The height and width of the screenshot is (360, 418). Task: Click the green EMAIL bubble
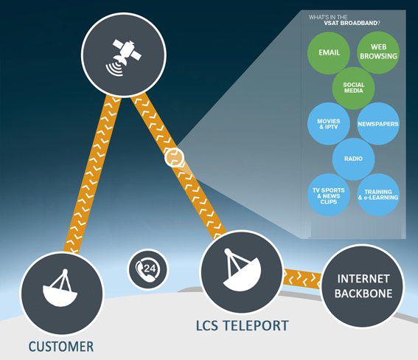pyautogui.click(x=329, y=52)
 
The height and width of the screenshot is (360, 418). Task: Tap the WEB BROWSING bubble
pyautogui.click(x=378, y=52)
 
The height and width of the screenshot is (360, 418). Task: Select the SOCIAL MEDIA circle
pyautogui.click(x=353, y=88)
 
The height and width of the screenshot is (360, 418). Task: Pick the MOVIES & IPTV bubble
pyautogui.click(x=329, y=124)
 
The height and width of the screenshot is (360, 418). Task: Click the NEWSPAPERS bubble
pyautogui.click(x=378, y=124)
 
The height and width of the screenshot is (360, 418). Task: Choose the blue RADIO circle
pyautogui.click(x=353, y=159)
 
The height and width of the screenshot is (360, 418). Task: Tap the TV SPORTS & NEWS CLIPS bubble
pyautogui.click(x=329, y=195)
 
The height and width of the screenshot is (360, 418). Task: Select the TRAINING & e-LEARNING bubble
pyautogui.click(x=378, y=195)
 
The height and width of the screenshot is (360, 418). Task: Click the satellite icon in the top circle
pyautogui.click(x=123, y=58)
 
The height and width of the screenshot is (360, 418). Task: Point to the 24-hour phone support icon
pyautogui.click(x=148, y=269)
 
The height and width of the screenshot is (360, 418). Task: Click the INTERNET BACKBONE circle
pyautogui.click(x=363, y=286)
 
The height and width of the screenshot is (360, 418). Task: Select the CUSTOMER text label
pyautogui.click(x=61, y=347)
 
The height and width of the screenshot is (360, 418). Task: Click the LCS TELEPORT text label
pyautogui.click(x=243, y=325)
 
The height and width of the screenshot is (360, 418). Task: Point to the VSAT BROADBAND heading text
pyautogui.click(x=352, y=23)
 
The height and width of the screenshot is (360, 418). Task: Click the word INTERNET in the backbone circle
pyautogui.click(x=363, y=279)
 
